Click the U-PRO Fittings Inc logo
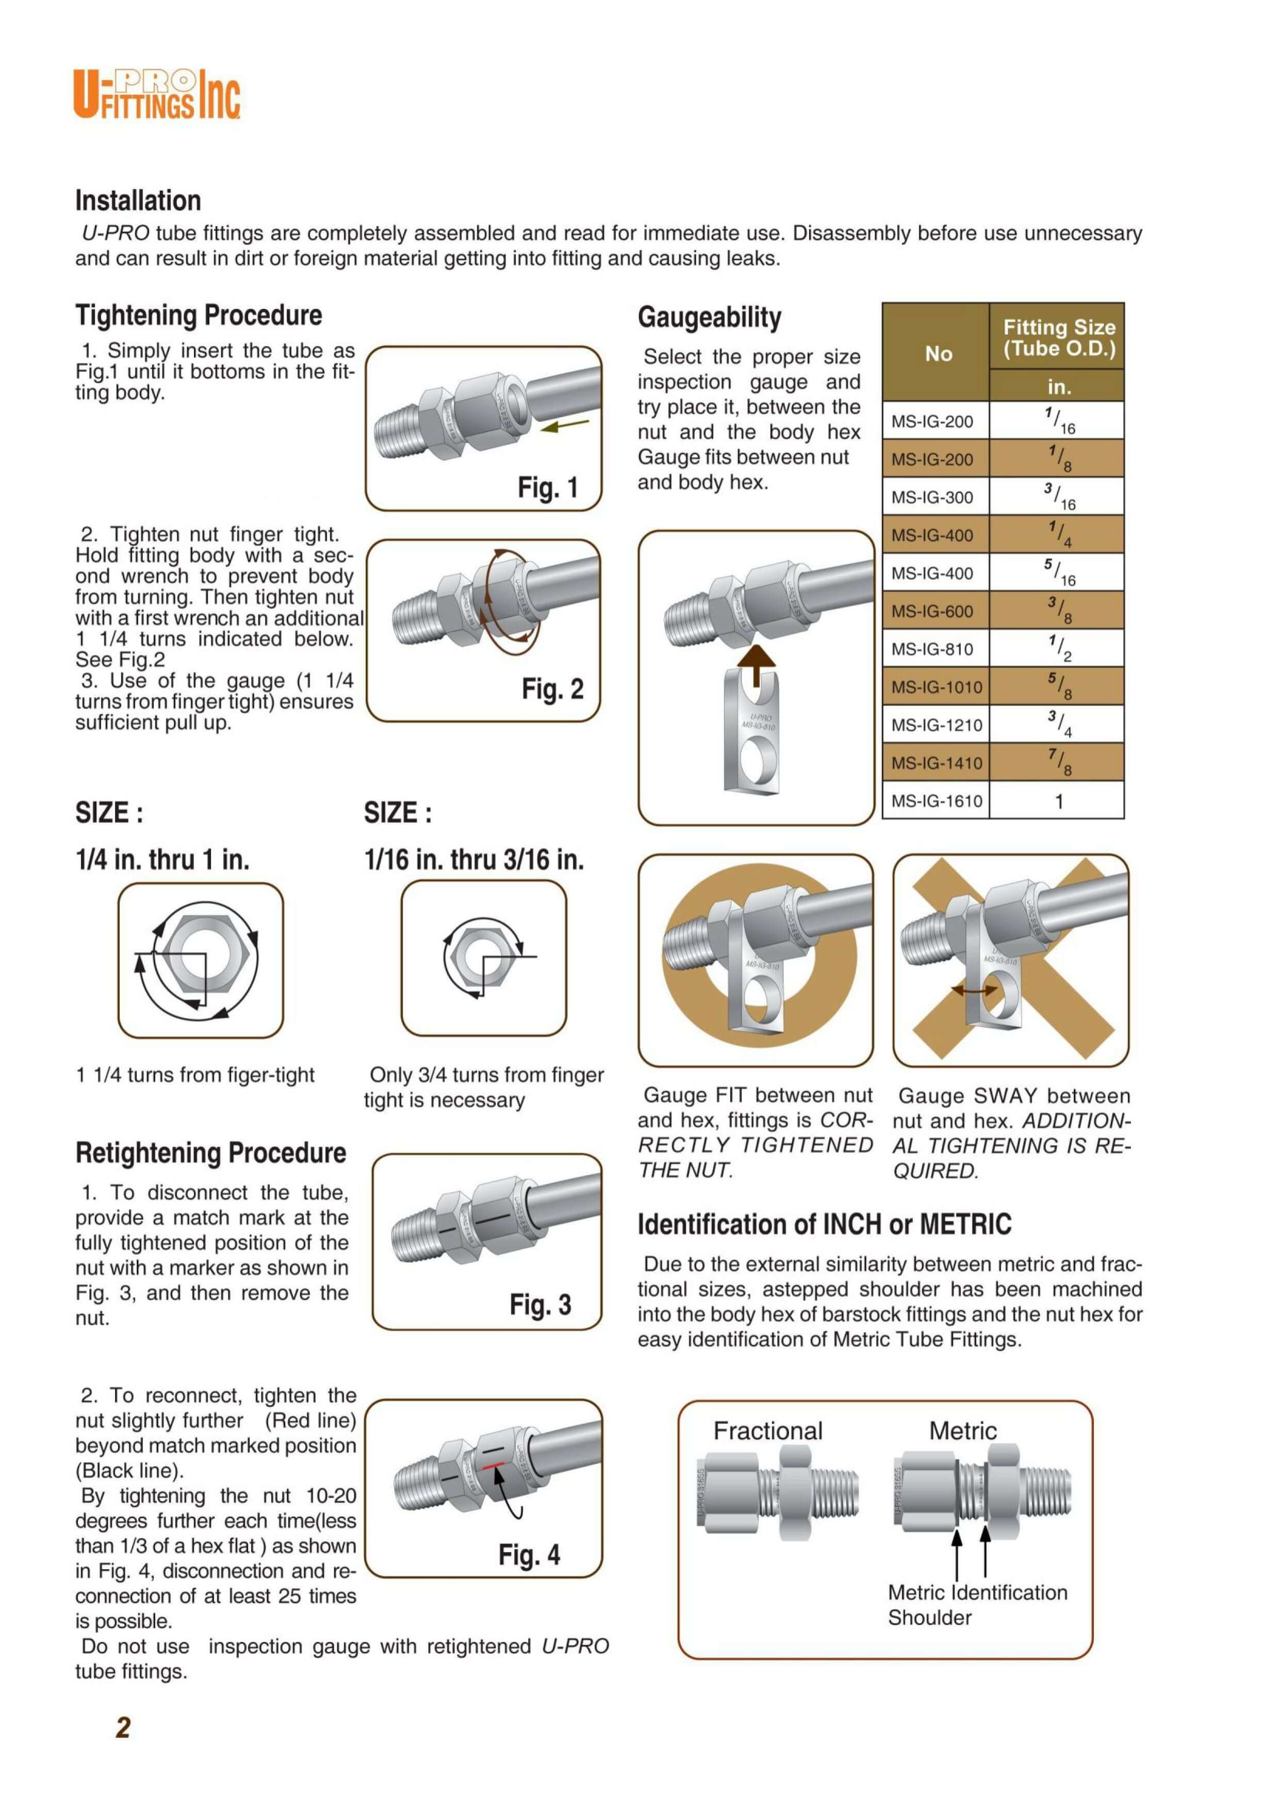(x=157, y=94)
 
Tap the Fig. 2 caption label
(x=552, y=689)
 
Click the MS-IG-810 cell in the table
(x=932, y=649)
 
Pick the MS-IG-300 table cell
(x=932, y=497)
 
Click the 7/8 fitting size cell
(x=1058, y=763)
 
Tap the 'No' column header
(x=938, y=354)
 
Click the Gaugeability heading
(x=709, y=318)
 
